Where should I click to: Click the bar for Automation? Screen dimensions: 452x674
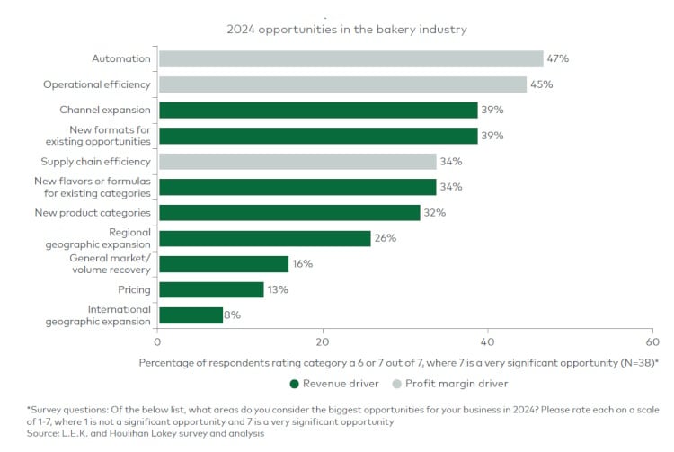(350, 58)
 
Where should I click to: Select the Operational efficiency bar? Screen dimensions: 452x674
(342, 84)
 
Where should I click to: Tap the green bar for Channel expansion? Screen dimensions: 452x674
(318, 110)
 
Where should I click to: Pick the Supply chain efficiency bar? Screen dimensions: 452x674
(297, 162)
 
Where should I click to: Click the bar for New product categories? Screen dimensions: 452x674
(289, 213)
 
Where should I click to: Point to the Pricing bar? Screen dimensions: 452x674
(211, 289)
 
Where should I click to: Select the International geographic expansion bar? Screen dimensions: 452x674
(191, 315)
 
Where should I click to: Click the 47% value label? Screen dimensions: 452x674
(558, 58)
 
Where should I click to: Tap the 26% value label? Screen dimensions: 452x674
(386, 238)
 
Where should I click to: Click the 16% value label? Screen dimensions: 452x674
(303, 264)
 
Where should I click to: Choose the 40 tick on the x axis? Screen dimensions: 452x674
(488, 342)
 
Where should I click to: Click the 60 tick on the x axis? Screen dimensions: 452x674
(652, 342)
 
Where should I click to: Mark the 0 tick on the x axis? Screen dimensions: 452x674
(158, 342)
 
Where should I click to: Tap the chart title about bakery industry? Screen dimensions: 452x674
(346, 29)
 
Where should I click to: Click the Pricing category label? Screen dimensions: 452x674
(134, 290)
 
